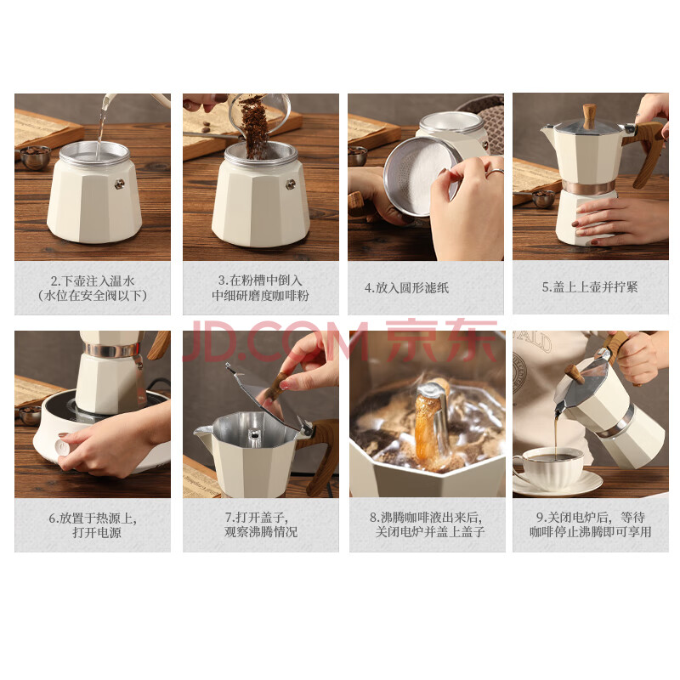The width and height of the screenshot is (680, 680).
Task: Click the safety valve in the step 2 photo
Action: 119,184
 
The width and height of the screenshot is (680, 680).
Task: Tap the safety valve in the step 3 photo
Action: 290,185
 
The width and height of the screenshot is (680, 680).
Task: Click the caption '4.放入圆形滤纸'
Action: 406,288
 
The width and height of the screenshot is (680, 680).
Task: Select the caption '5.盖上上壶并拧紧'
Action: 590,287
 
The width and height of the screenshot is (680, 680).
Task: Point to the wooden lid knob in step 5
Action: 589,116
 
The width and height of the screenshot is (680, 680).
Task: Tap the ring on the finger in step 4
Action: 495,173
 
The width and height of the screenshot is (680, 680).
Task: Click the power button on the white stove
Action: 64,447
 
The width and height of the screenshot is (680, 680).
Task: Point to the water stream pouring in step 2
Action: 102,123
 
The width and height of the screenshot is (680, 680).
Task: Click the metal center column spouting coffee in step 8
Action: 433,422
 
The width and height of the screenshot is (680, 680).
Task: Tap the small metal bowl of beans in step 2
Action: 35,157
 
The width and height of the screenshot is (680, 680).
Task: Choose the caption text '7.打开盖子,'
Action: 257,518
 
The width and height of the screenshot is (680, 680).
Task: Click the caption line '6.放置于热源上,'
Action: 93,518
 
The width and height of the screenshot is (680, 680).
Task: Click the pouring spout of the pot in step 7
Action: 203,433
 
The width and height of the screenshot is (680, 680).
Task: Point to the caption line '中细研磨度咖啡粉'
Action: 260,296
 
